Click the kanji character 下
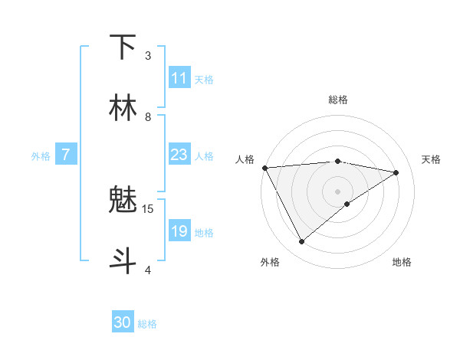[x=123, y=48]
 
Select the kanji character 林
[x=123, y=108]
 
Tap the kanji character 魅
[x=123, y=201]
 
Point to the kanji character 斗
[x=123, y=260]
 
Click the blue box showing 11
[x=179, y=79]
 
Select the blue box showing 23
[x=179, y=155]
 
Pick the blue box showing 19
[x=179, y=231]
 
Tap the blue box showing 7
[x=66, y=155]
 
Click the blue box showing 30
[x=123, y=323]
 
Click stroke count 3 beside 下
[x=148, y=56]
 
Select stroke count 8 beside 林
[x=148, y=116]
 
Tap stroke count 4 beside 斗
[x=148, y=270]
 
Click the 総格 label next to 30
[x=147, y=324]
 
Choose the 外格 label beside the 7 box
[x=41, y=156]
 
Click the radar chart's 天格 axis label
[x=431, y=159]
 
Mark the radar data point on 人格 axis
[x=264, y=167]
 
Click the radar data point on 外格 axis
[x=301, y=242]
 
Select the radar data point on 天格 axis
[x=396, y=173]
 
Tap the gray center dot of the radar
[x=337, y=191]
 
